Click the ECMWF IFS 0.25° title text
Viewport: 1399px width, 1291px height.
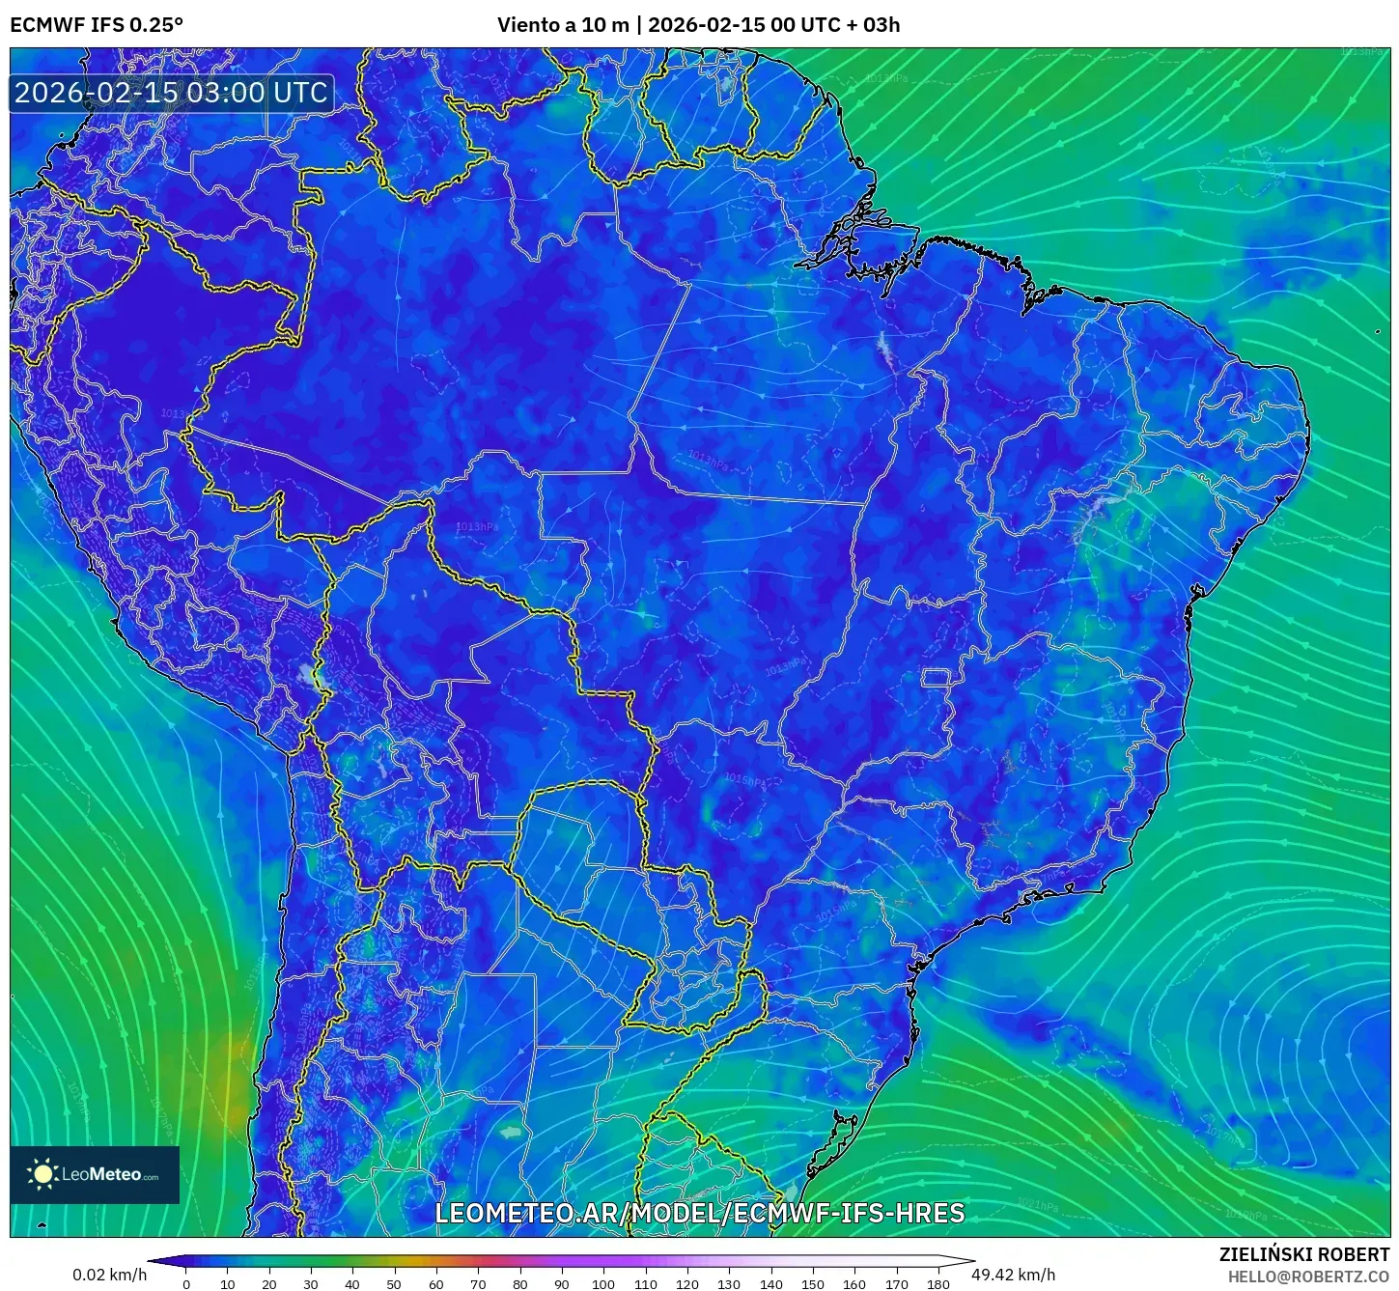pyautogui.click(x=97, y=25)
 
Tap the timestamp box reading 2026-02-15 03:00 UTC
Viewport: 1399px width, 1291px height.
pyautogui.click(x=171, y=93)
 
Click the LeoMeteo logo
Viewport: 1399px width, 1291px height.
pyautogui.click(x=95, y=1174)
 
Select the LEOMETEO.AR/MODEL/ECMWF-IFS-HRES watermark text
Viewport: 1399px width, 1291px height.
pyautogui.click(x=700, y=1213)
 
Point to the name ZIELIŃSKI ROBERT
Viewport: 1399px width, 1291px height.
pyautogui.click(x=1304, y=1254)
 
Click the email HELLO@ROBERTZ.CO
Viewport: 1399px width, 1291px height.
pyautogui.click(x=1308, y=1277)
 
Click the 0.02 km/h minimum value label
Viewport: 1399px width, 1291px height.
pyautogui.click(x=110, y=1275)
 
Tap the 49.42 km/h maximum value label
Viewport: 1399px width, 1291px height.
pyautogui.click(x=1014, y=1275)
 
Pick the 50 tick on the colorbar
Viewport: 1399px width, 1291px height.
pyautogui.click(x=394, y=1283)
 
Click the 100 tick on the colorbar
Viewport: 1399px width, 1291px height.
pyautogui.click(x=603, y=1283)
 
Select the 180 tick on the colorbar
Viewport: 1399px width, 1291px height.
pyautogui.click(x=938, y=1283)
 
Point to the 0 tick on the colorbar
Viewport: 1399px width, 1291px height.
pyautogui.click(x=186, y=1283)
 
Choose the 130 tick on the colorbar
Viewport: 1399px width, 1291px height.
pyautogui.click(x=729, y=1283)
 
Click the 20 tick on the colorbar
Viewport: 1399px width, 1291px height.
pyautogui.click(x=269, y=1283)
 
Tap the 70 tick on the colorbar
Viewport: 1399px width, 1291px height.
pyautogui.click(x=478, y=1283)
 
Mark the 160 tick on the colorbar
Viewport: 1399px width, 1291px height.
pyautogui.click(x=854, y=1283)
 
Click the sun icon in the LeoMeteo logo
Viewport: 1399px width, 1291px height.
pyautogui.click(x=42, y=1174)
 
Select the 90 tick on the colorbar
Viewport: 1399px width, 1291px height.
pyautogui.click(x=562, y=1283)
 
